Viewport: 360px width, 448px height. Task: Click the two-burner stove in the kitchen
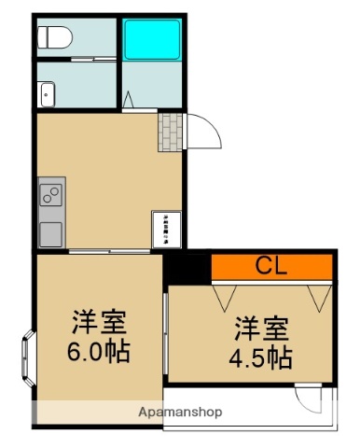click(x=50, y=196)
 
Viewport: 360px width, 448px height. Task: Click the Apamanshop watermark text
click(x=179, y=412)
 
